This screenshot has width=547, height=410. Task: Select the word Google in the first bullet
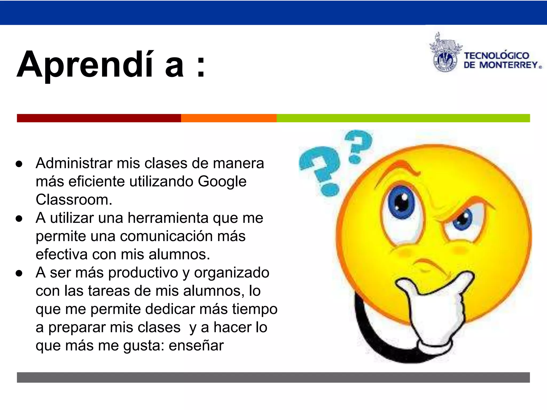tap(222, 182)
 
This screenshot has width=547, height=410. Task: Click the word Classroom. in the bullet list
tap(74, 200)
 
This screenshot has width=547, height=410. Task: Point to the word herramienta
tap(168, 218)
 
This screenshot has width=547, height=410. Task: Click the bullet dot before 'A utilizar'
tap(19, 219)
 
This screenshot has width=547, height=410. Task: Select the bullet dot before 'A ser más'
tap(19, 273)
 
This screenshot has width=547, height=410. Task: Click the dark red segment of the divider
tap(99, 118)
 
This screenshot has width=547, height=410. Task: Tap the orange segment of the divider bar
tap(229, 118)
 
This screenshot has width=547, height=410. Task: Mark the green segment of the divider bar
tap(403, 118)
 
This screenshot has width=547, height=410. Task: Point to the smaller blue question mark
tap(358, 145)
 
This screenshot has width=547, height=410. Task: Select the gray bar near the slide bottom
tap(273, 377)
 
